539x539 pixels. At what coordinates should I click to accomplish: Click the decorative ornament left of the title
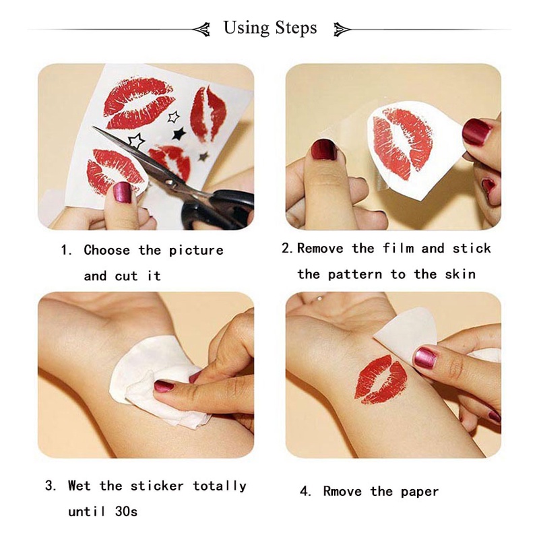[201, 29]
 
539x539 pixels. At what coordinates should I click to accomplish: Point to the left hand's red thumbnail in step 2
[324, 149]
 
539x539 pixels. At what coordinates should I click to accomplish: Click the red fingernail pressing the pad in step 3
[166, 386]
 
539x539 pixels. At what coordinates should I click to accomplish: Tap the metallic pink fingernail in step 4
[424, 357]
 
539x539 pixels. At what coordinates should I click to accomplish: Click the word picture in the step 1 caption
[195, 251]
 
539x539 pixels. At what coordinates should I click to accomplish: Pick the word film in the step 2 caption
[398, 249]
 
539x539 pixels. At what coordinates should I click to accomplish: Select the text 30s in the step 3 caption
[125, 511]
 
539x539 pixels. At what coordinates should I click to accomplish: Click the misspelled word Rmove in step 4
[344, 491]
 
